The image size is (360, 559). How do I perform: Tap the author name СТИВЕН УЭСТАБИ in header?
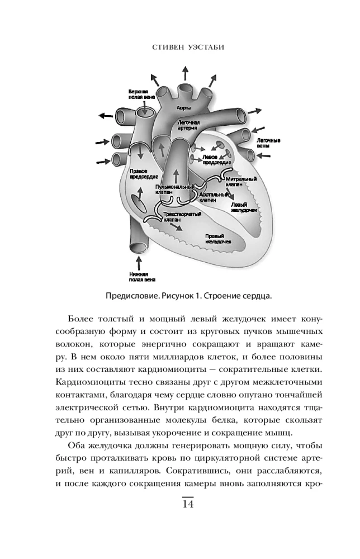(187, 49)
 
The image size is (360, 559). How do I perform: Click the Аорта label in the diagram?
(184, 106)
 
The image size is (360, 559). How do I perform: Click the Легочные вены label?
(268, 142)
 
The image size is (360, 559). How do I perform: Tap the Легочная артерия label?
(188, 124)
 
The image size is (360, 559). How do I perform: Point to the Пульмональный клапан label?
(175, 190)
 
